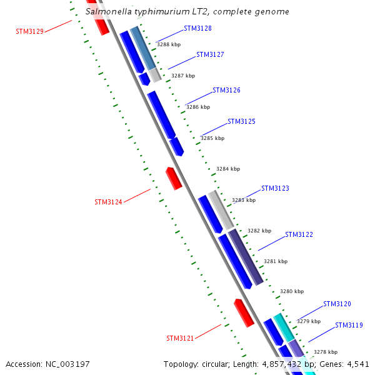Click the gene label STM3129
click(29, 31)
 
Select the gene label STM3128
click(197, 28)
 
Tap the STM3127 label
click(210, 54)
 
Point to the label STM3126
click(226, 90)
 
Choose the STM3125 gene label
click(241, 121)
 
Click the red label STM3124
click(108, 202)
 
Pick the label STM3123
click(275, 188)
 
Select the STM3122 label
click(299, 234)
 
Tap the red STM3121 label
click(180, 338)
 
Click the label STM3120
click(337, 304)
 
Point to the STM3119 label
click(349, 325)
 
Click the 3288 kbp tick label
click(168, 44)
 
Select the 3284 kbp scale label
click(228, 169)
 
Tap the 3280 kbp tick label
click(291, 291)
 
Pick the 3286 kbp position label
click(197, 107)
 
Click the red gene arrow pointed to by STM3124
click(173, 178)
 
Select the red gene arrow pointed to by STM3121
click(243, 312)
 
